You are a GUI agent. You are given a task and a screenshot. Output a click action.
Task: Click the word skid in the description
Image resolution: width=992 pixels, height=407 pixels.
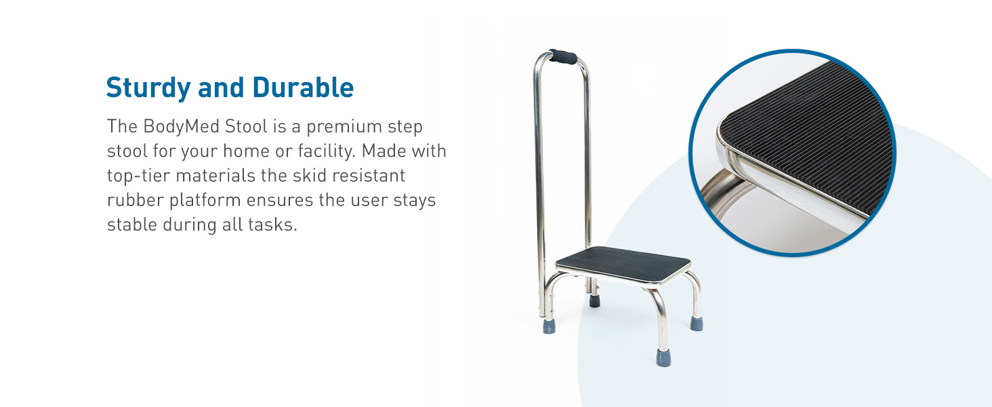294,176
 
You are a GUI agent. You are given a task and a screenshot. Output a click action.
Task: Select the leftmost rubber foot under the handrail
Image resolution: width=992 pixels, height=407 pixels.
549,326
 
